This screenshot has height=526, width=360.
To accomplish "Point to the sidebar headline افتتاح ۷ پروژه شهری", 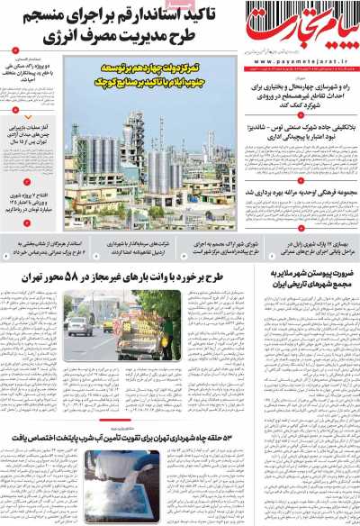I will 31,201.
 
